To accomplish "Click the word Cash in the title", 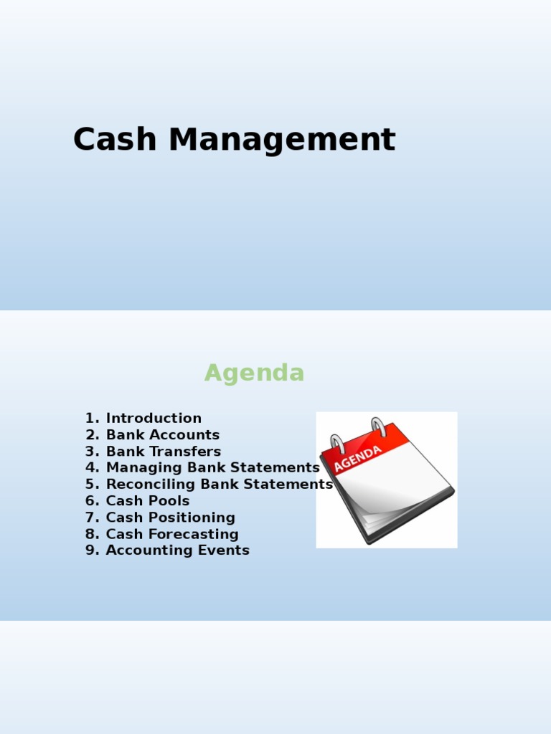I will tap(115, 140).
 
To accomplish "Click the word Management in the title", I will tap(282, 140).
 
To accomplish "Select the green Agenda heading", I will tap(254, 373).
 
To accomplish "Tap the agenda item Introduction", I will tap(154, 419).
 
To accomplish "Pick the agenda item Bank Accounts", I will tap(163, 435).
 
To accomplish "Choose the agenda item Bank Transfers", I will tap(164, 452).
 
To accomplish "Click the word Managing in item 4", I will tap(139, 468).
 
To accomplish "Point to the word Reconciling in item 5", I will tap(151, 485).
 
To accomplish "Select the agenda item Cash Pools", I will tap(148, 501).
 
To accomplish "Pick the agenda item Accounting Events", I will tap(178, 550).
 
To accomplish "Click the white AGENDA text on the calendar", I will tap(357, 458).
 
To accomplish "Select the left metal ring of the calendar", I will tap(337, 443).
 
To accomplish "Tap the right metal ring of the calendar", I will tap(378, 426).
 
